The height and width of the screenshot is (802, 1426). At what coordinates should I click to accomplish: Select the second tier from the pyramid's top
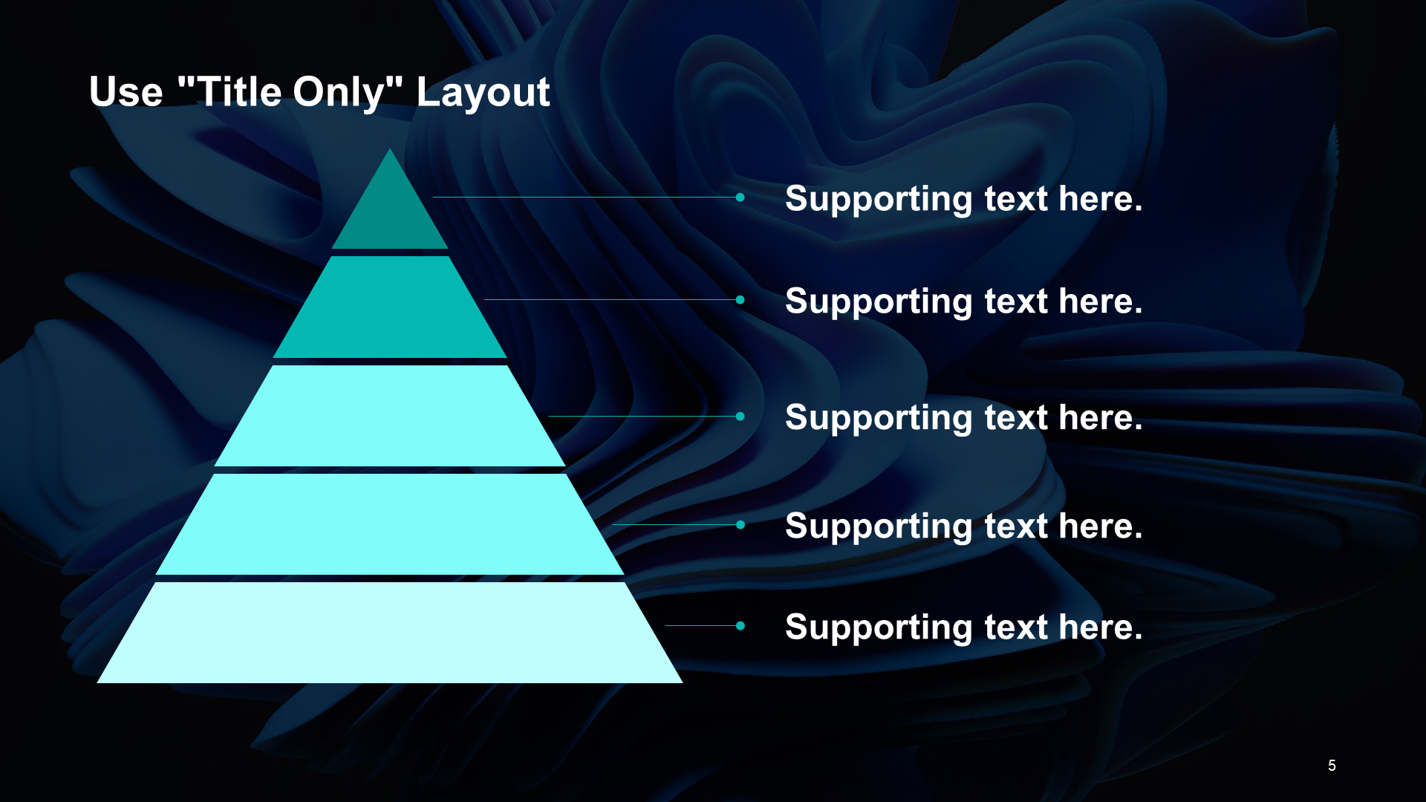[390, 307]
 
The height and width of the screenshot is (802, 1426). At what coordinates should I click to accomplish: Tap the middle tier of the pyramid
[390, 416]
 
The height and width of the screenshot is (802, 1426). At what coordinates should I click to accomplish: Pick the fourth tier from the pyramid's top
[390, 524]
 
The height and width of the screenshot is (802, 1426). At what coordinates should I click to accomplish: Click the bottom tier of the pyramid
[390, 633]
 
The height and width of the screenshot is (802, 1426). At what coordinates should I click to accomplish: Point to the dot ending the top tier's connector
[740, 197]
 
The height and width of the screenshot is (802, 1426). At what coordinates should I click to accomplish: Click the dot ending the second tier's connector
[740, 300]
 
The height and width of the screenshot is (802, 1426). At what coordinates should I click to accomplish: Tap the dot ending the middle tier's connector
[740, 417]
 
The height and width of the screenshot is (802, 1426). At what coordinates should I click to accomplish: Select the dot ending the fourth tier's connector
[740, 525]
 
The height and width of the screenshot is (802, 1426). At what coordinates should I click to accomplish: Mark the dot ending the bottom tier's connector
[740, 626]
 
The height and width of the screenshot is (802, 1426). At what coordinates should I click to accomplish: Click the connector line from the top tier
[585, 197]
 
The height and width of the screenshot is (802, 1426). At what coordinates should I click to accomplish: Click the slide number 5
[1332, 766]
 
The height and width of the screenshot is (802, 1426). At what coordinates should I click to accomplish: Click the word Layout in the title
[483, 93]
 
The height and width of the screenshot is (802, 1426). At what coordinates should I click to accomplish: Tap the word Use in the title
[126, 92]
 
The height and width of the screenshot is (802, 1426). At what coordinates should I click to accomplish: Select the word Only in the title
[339, 94]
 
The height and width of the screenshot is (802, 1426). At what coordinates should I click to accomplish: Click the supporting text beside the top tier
[964, 199]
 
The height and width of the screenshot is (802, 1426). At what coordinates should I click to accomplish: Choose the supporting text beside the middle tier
[964, 418]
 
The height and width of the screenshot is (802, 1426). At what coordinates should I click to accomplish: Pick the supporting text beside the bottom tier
[964, 627]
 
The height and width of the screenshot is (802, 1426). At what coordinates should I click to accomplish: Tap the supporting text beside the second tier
[964, 301]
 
